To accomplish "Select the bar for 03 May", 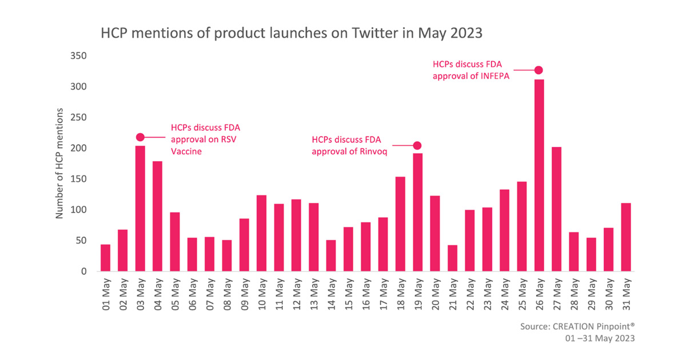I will [140, 208].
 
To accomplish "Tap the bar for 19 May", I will [417, 211].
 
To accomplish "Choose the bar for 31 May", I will [625, 237].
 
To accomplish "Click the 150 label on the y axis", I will [78, 179].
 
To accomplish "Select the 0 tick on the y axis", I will [83, 271].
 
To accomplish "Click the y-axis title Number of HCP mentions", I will [59, 163].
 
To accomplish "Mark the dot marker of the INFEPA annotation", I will [538, 70].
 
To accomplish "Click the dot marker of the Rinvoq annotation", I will [417, 146].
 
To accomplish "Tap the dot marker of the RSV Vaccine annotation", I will [140, 137].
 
